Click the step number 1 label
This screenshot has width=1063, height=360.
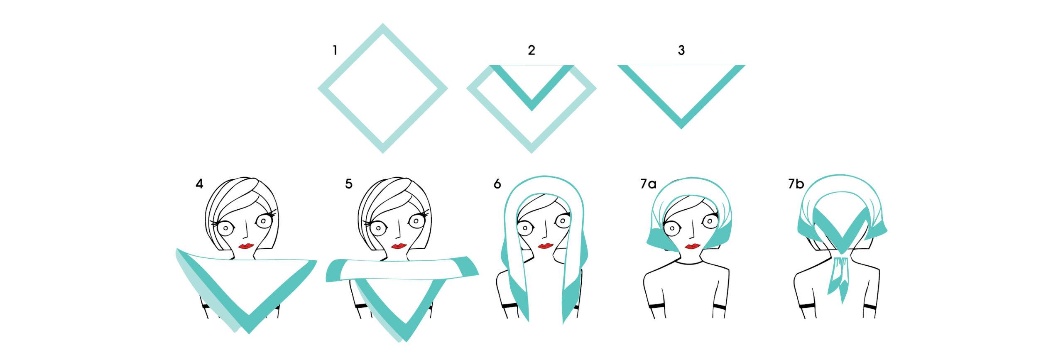[x=335, y=51]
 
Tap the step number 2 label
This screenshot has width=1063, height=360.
[x=531, y=51]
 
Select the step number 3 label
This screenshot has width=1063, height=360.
[x=681, y=51]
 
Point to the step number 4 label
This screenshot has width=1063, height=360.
[x=199, y=184]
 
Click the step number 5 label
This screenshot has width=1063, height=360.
[x=349, y=184]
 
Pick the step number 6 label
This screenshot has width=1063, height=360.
[x=497, y=184]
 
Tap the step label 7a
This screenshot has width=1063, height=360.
[x=648, y=184]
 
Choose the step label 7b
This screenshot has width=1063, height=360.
[x=796, y=184]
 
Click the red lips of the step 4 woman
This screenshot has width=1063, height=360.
[x=247, y=246]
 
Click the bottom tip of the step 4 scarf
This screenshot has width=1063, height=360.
[x=249, y=333]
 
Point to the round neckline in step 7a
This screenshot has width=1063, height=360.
[x=689, y=262]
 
